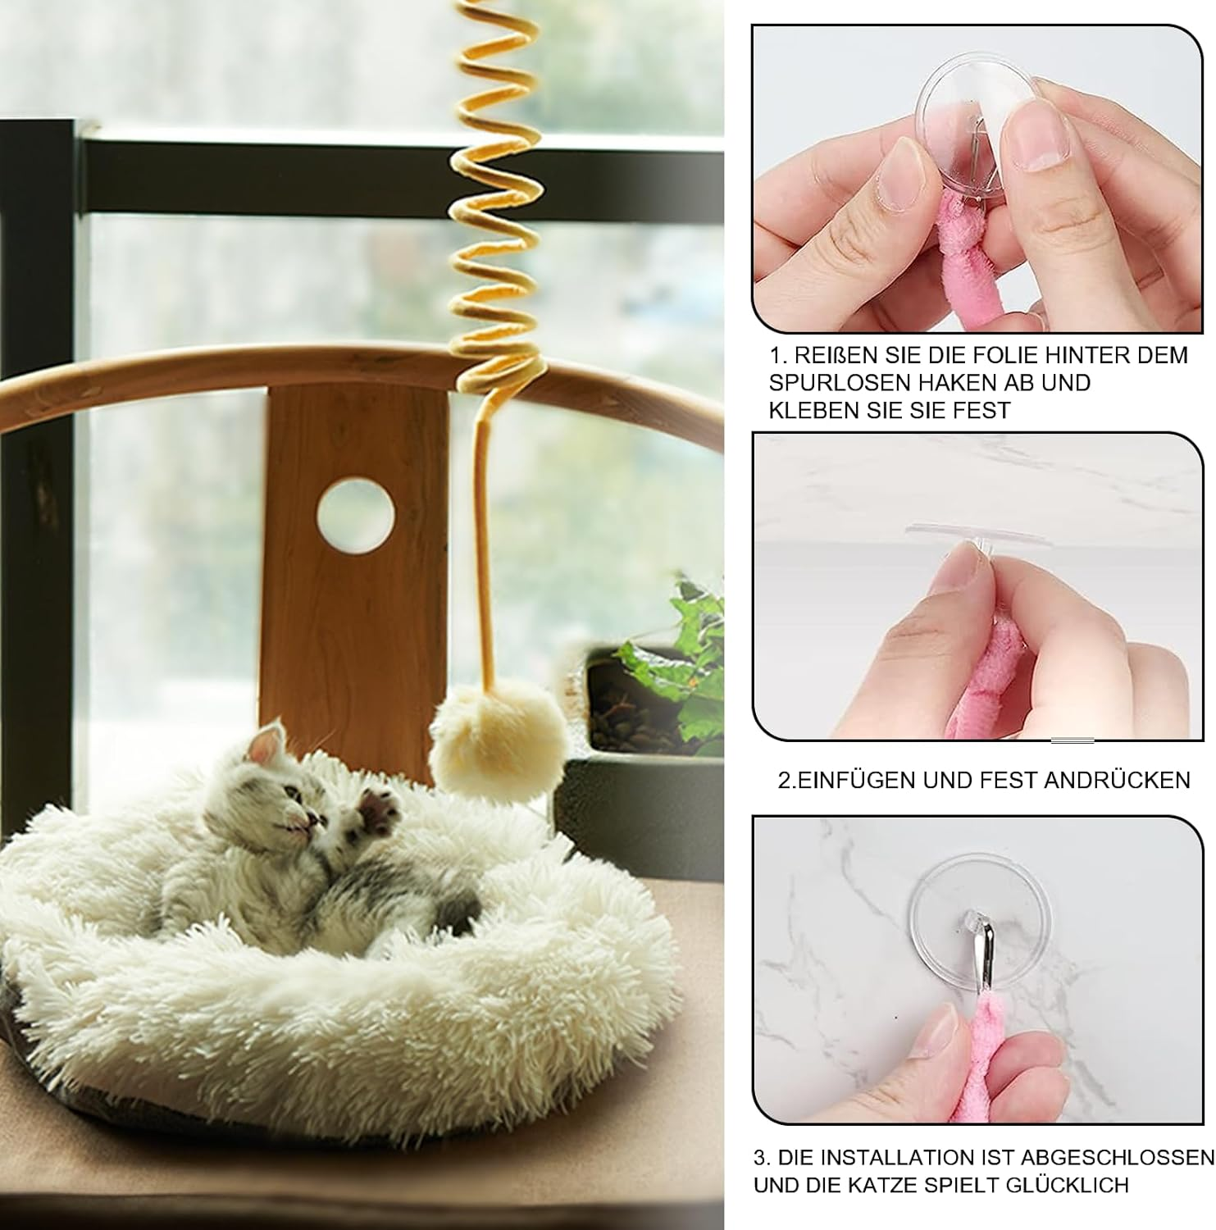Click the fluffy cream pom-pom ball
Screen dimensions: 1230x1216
coord(499,742)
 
